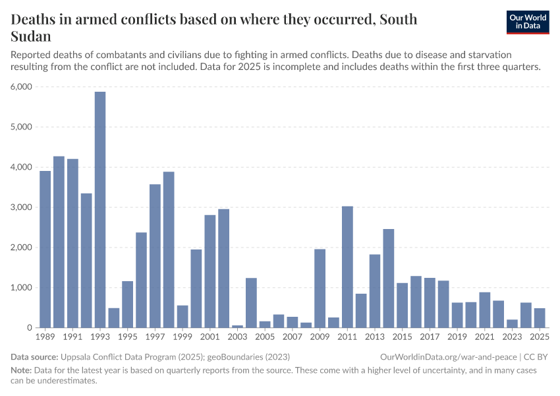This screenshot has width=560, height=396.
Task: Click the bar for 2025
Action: (540, 318)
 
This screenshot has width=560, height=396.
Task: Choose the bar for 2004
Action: (251, 303)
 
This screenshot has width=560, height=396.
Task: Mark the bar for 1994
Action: (114, 318)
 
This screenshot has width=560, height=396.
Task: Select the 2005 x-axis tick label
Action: (265, 337)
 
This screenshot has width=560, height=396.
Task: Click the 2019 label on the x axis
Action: (457, 337)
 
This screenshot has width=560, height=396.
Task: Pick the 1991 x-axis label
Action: (72, 337)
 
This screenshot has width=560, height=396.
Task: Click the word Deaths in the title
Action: (36, 19)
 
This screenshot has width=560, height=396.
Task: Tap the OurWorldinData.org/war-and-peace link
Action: (449, 357)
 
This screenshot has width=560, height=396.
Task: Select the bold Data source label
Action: (34, 357)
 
